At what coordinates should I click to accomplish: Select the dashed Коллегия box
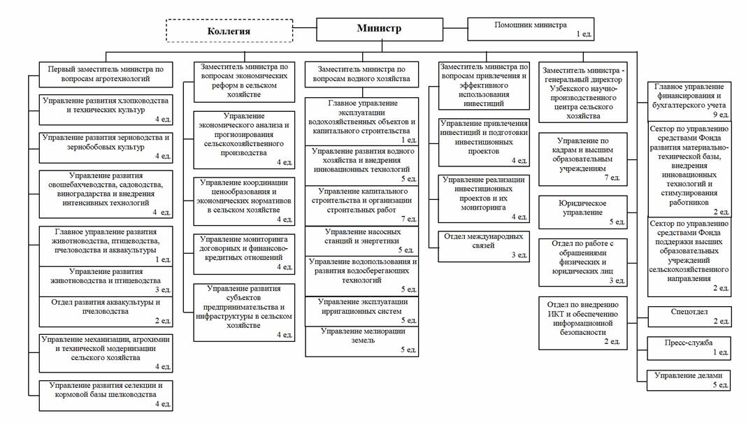pyautogui.click(x=229, y=31)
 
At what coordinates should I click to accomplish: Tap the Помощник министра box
pyautogui.click(x=531, y=29)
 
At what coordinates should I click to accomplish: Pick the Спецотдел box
pyautogui.click(x=689, y=316)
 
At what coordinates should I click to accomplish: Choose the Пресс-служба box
pyautogui.click(x=689, y=347)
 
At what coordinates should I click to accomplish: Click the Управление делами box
pyautogui.click(x=689, y=379)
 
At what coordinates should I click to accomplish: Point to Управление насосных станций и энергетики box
pyautogui.click(x=362, y=240)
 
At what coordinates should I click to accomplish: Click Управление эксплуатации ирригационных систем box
pyautogui.click(x=362, y=310)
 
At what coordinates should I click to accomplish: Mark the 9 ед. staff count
pyautogui.click(x=720, y=114)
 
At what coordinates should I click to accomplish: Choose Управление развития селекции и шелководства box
pyautogui.click(x=106, y=394)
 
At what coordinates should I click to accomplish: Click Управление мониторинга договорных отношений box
pyautogui.click(x=245, y=252)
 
